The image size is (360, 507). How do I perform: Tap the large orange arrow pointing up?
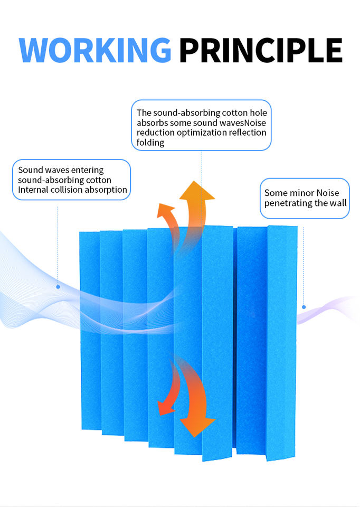pos(197,203)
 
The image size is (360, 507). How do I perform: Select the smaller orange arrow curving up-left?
pos(168,219)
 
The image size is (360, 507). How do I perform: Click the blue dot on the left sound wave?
pos(58,287)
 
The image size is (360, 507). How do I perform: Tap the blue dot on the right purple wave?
pos(304,306)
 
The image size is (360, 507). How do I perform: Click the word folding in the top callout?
pos(150,143)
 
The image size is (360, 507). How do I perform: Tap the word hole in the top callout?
pos(258,112)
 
